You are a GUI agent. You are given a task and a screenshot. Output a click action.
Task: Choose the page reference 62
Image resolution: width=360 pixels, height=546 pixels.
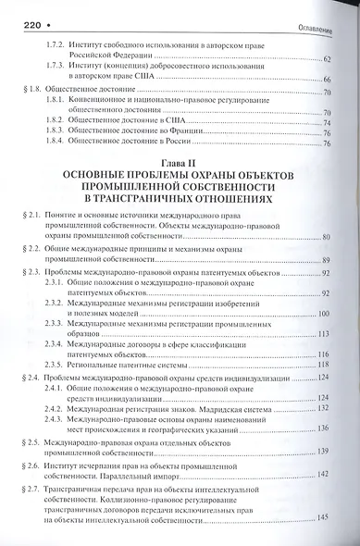coord(327,58)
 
